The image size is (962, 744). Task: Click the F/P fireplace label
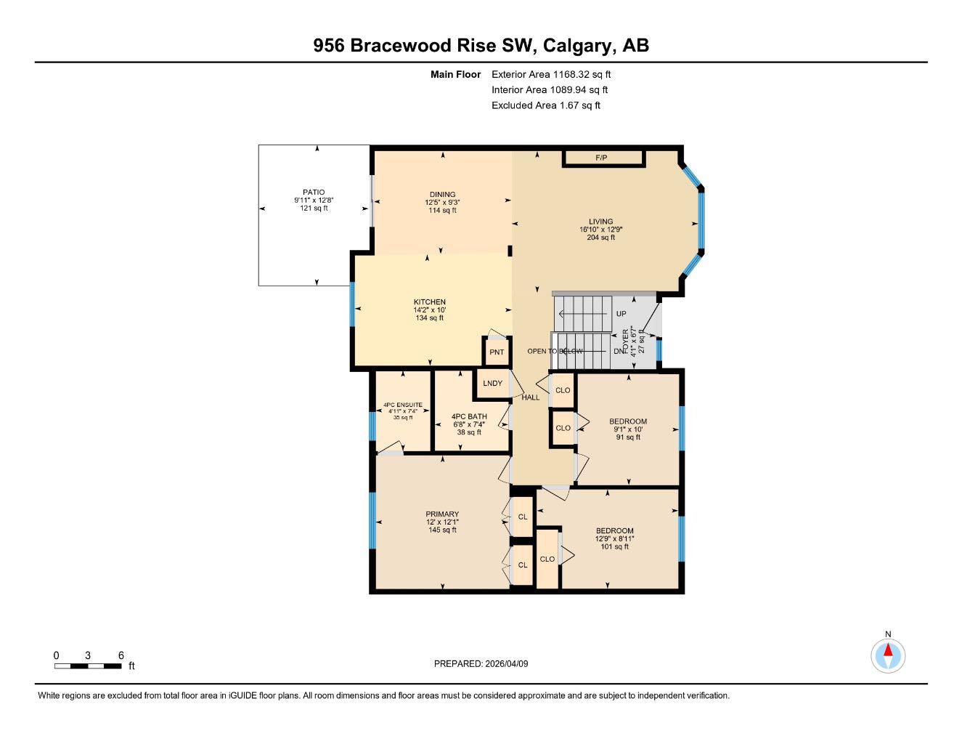601,158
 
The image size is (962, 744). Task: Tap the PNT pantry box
497,352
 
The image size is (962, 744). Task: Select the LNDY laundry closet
492,384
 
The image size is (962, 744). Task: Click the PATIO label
314,193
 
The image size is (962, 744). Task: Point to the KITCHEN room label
429,302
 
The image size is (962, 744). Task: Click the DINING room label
442,195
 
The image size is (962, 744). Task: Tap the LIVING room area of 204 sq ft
600,237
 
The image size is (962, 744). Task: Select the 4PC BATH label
469,417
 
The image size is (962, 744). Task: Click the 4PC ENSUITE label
402,405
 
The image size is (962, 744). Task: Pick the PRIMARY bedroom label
442,514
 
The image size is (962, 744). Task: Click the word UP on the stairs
621,314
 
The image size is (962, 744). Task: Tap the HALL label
531,397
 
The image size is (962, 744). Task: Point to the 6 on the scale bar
121,655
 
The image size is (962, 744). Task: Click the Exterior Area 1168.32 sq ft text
551,74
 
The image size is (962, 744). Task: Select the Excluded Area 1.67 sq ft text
545,105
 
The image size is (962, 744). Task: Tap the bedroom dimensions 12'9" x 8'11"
614,538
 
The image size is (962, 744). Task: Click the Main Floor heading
455,74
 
